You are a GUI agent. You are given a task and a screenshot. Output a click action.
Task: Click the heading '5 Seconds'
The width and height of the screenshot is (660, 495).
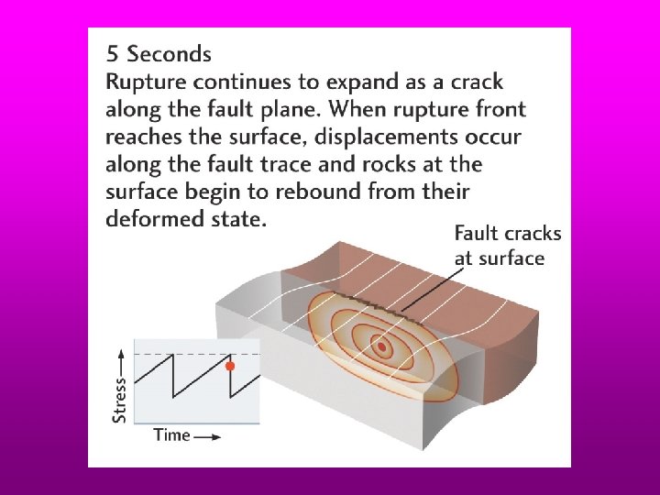(159, 54)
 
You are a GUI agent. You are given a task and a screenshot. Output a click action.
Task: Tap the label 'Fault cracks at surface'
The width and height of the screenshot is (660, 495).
(507, 246)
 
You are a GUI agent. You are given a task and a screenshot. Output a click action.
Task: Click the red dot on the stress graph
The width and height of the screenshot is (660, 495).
(230, 365)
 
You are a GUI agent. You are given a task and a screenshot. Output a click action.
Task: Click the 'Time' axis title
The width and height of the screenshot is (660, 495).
(171, 434)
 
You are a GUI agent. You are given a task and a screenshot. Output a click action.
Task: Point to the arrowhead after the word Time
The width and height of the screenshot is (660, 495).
(215, 436)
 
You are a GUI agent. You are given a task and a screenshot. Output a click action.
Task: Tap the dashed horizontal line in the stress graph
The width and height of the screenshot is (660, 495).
(183, 353)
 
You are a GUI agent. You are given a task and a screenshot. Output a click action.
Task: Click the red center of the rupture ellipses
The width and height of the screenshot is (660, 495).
(380, 346)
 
